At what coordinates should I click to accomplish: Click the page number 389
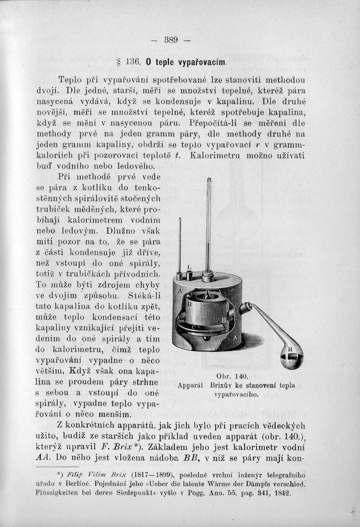tap(171, 40)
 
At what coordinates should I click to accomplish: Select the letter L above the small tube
tap(189, 267)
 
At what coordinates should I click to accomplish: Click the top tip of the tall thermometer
tap(209, 179)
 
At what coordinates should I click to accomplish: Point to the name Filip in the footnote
tap(76, 475)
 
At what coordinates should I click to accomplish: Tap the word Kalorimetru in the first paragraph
tap(219, 156)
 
